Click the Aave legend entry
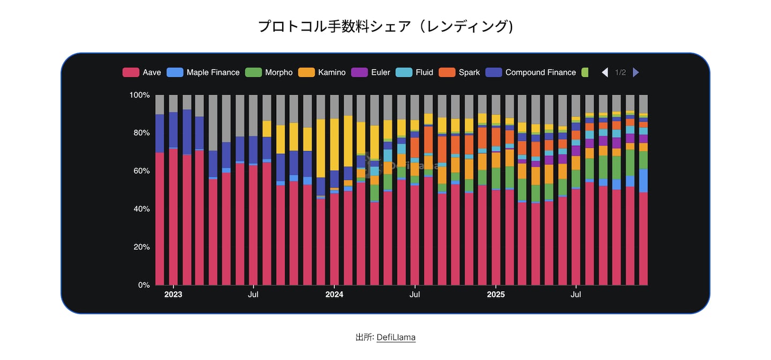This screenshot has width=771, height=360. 142,72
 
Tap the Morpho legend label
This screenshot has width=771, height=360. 269,72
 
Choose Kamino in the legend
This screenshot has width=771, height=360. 322,72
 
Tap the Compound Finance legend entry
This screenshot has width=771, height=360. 531,72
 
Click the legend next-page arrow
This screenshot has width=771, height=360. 636,72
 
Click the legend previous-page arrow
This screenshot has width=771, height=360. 605,72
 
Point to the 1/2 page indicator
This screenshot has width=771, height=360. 620,72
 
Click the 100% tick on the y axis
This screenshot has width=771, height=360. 139,95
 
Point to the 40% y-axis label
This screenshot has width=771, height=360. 141,209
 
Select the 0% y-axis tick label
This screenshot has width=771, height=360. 143,285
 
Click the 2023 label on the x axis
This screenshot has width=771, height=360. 173,295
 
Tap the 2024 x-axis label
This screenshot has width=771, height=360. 334,295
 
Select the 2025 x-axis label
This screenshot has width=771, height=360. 496,295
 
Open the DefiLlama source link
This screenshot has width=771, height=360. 396,337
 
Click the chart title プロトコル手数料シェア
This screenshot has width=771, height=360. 385,26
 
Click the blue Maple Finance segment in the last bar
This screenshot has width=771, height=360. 643,181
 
